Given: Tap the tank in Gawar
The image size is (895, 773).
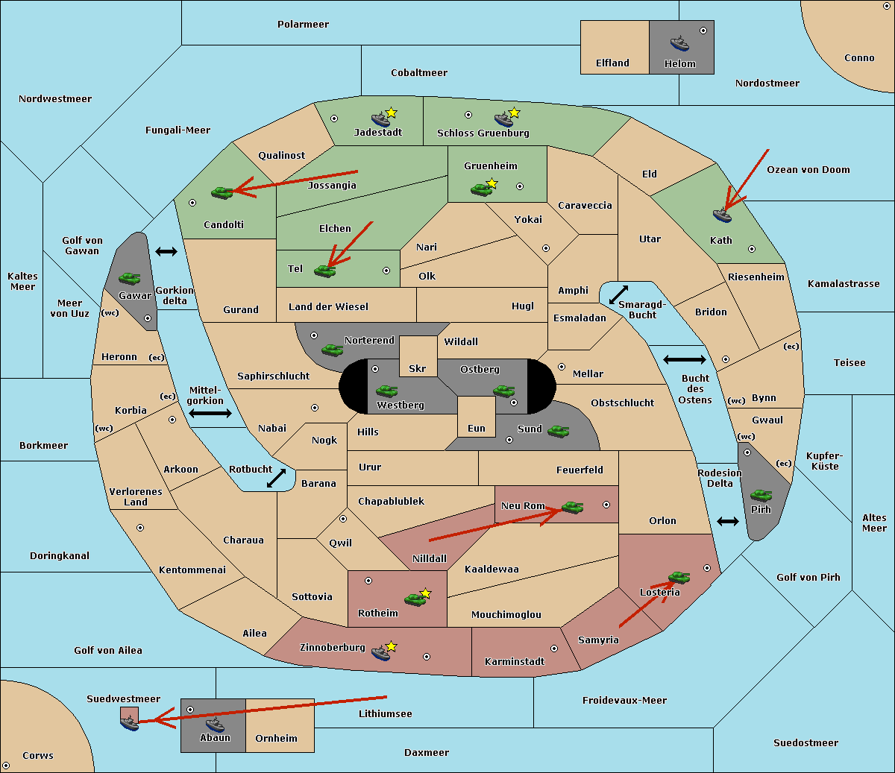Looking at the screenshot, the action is coord(130,278).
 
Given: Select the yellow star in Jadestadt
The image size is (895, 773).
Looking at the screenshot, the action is coord(391,113).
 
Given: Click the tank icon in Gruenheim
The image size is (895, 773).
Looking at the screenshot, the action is coord(482,189).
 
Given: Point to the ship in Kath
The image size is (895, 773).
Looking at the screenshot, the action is coord(722,215).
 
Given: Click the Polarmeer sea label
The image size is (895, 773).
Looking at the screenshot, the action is coord(303,25).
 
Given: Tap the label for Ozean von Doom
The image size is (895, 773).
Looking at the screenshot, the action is coord(808,170).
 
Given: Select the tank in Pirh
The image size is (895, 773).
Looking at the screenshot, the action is coord(761,495).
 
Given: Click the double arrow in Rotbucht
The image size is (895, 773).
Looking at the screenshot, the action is coord(276,478).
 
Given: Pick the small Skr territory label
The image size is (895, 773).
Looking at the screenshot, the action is coord(417,368).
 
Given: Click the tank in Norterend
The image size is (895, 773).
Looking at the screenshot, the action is coord(332,350).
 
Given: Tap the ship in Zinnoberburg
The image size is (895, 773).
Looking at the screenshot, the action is coord(381,653).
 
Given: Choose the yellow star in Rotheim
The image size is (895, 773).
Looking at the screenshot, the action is coord(425,593).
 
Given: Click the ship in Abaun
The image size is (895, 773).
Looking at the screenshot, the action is coord(216,724).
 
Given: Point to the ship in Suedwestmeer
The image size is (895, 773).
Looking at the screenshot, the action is coord(130,723).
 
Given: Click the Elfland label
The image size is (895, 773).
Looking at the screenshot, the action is coord(612,63).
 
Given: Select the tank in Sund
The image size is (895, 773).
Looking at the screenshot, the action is coord(558,431).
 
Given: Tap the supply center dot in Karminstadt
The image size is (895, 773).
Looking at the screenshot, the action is coord(554,649).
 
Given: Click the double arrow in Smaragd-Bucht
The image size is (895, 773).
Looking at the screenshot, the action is coord(618,294).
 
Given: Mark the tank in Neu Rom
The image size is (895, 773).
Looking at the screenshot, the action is coord(572,507).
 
